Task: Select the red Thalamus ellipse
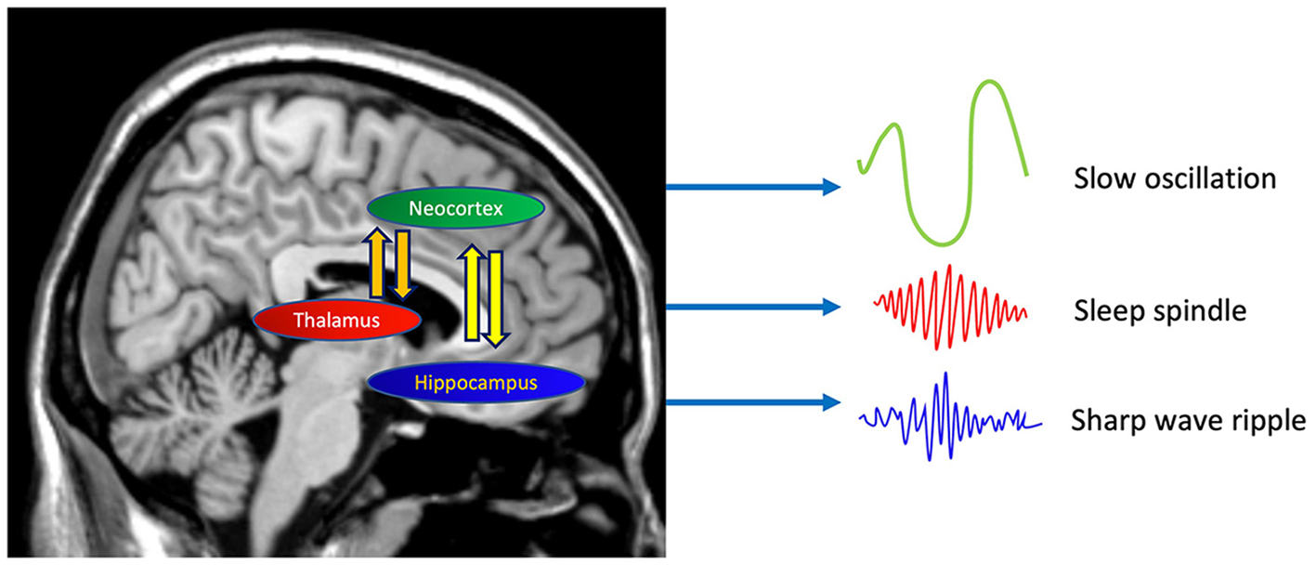(337, 321)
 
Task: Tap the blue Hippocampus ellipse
(476, 381)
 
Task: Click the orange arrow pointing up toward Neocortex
(377, 265)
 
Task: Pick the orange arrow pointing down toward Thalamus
(401, 265)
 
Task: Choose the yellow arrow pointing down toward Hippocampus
(496, 297)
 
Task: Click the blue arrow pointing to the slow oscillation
(752, 189)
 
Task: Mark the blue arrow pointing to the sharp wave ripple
(752, 402)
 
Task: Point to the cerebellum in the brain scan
(200, 400)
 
